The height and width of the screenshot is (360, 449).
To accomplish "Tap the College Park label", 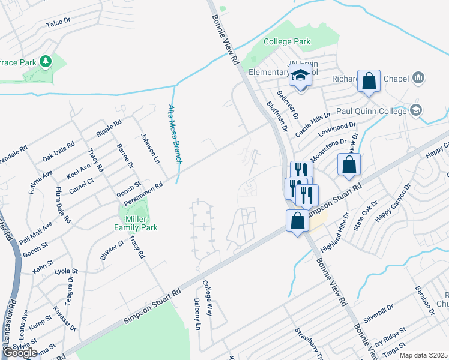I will [288, 42].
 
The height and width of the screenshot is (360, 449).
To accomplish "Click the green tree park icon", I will [45, 61].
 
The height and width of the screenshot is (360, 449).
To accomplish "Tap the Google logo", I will [20, 353].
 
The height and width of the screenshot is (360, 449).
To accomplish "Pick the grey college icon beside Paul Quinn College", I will [415, 110].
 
